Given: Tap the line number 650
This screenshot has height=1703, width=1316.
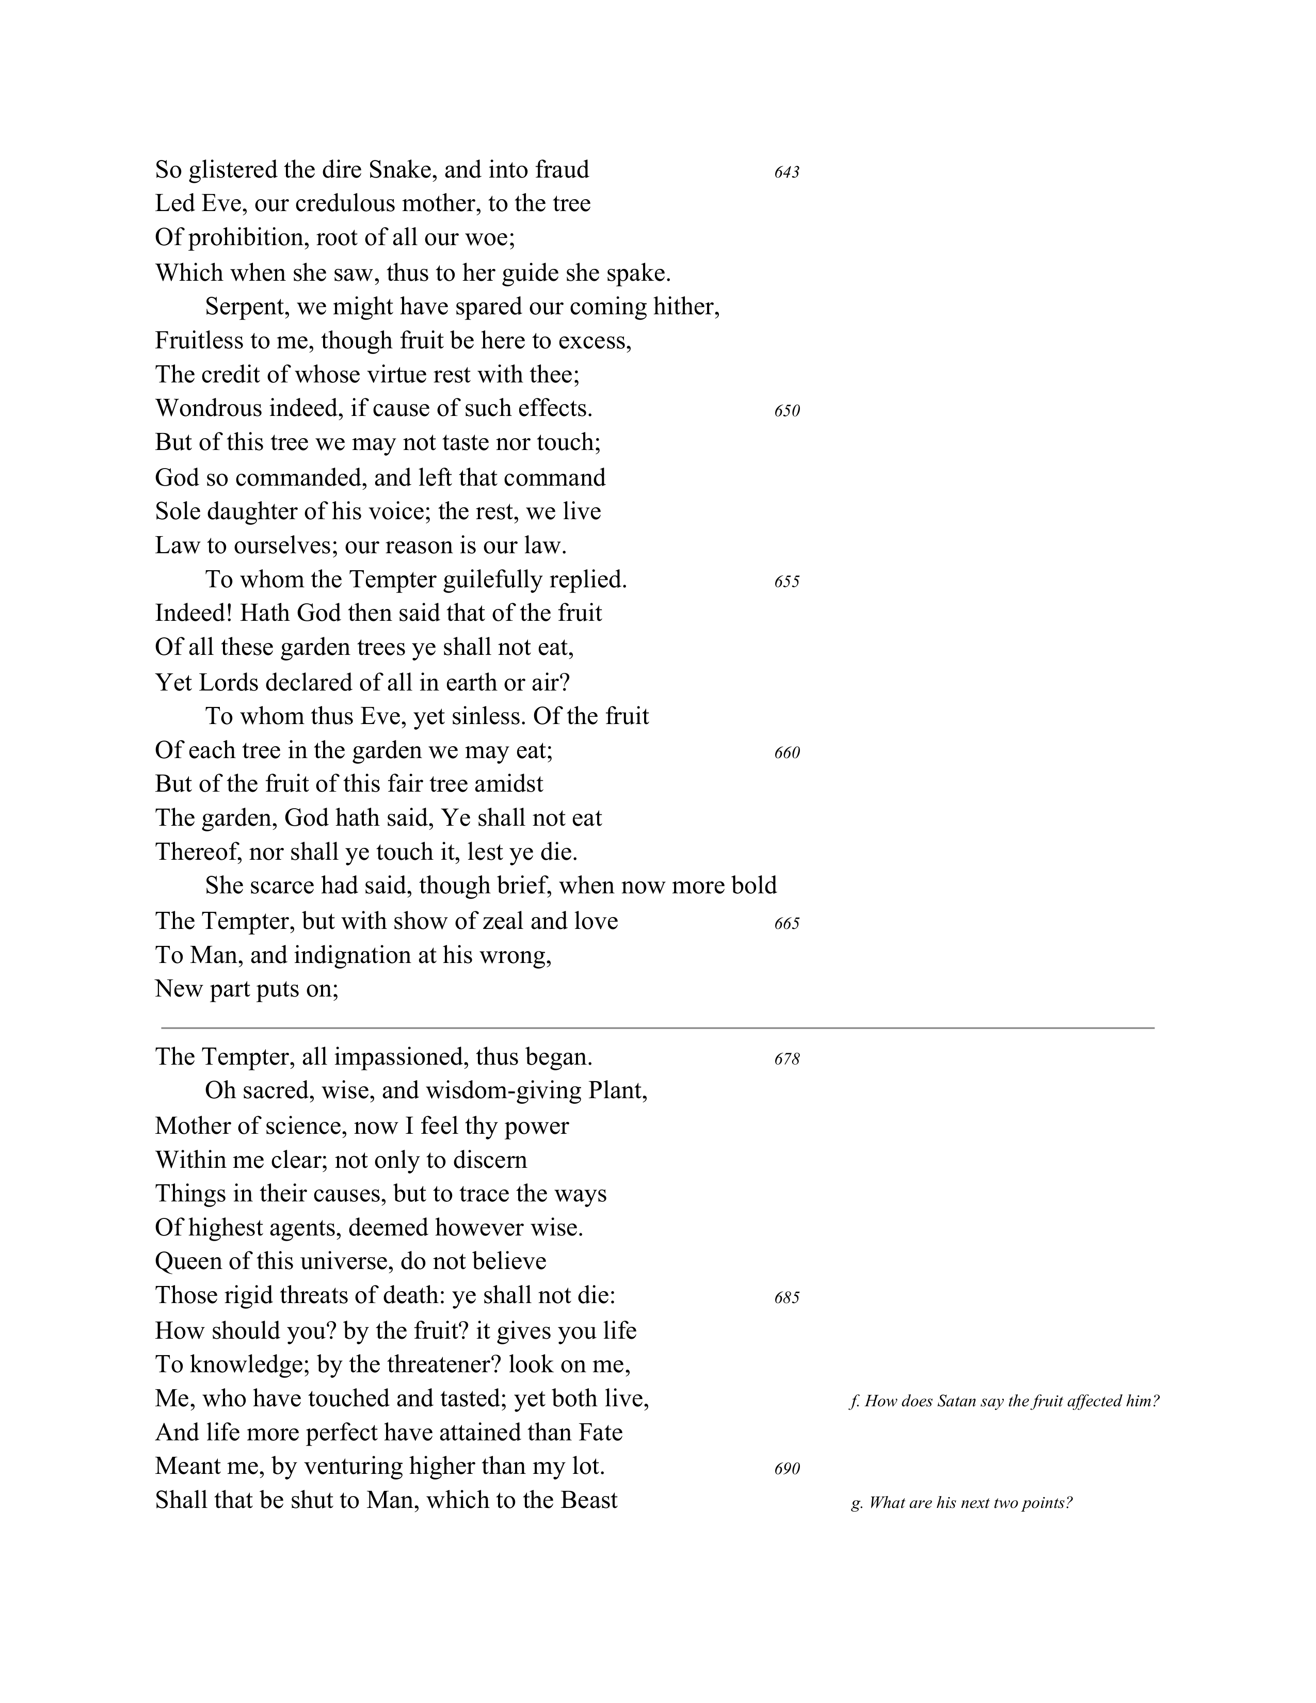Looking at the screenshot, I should (x=787, y=411).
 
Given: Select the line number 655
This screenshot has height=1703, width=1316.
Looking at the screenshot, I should (x=787, y=582).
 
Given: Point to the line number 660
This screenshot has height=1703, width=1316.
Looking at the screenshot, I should (x=787, y=752).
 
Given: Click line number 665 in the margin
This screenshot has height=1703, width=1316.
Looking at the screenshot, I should (x=787, y=923).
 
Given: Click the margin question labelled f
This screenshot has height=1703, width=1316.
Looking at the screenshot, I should (x=1004, y=1401).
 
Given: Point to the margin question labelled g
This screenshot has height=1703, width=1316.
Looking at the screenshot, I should (x=961, y=1503).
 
